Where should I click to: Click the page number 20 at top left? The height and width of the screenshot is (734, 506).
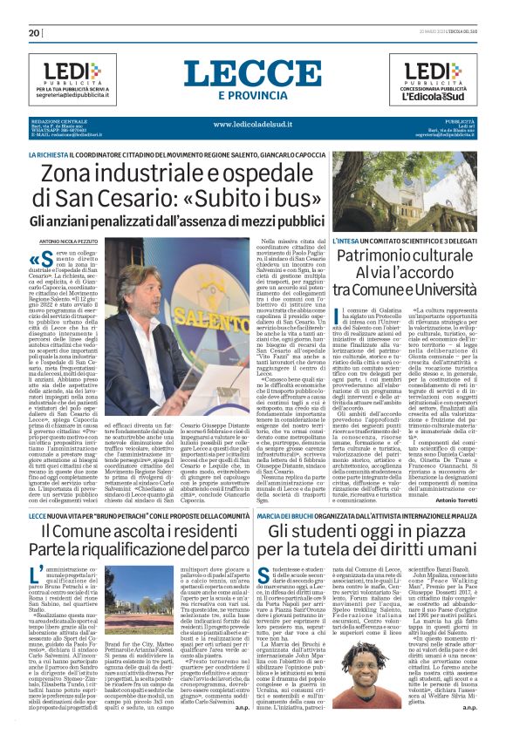[x=35, y=33]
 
